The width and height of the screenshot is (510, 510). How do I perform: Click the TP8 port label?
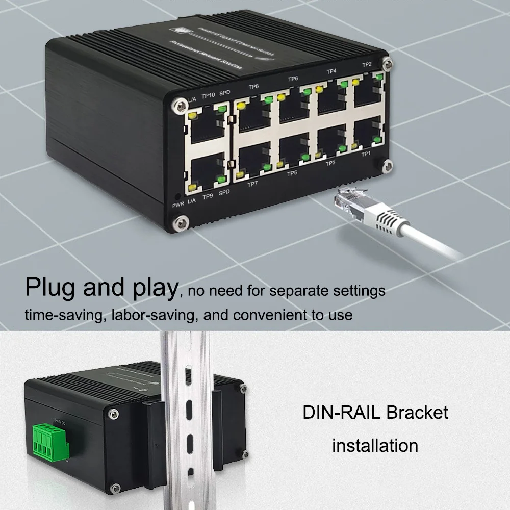pyautogui.click(x=253, y=87)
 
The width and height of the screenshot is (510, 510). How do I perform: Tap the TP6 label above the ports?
pyautogui.click(x=293, y=79)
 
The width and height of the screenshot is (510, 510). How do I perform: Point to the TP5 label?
pyautogui.click(x=292, y=173)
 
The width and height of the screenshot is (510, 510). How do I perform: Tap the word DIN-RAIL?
pyautogui.click(x=342, y=412)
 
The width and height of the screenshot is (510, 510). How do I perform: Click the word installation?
pyautogui.click(x=375, y=445)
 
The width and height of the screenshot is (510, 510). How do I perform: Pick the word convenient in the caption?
pyautogui.click(x=268, y=315)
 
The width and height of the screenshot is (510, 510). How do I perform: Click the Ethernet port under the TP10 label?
pyautogui.click(x=206, y=125)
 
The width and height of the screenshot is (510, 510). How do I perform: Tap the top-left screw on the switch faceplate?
pyautogui.click(x=179, y=105)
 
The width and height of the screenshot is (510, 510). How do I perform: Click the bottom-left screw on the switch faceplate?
pyautogui.click(x=180, y=222)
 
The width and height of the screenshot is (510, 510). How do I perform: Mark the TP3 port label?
pyautogui.click(x=330, y=163)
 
